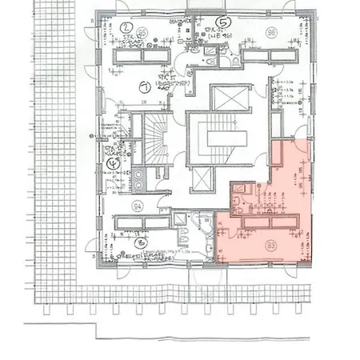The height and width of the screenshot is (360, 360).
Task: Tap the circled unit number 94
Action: pos(137,206)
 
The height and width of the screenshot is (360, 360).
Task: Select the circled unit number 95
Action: pos(141,33)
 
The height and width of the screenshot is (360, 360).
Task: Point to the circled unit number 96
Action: pos(271,33)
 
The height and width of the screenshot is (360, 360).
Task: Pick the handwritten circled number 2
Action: pos(126,26)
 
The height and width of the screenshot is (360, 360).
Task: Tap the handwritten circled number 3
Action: pos(142,240)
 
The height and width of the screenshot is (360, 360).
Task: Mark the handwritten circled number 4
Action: pos(110,166)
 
